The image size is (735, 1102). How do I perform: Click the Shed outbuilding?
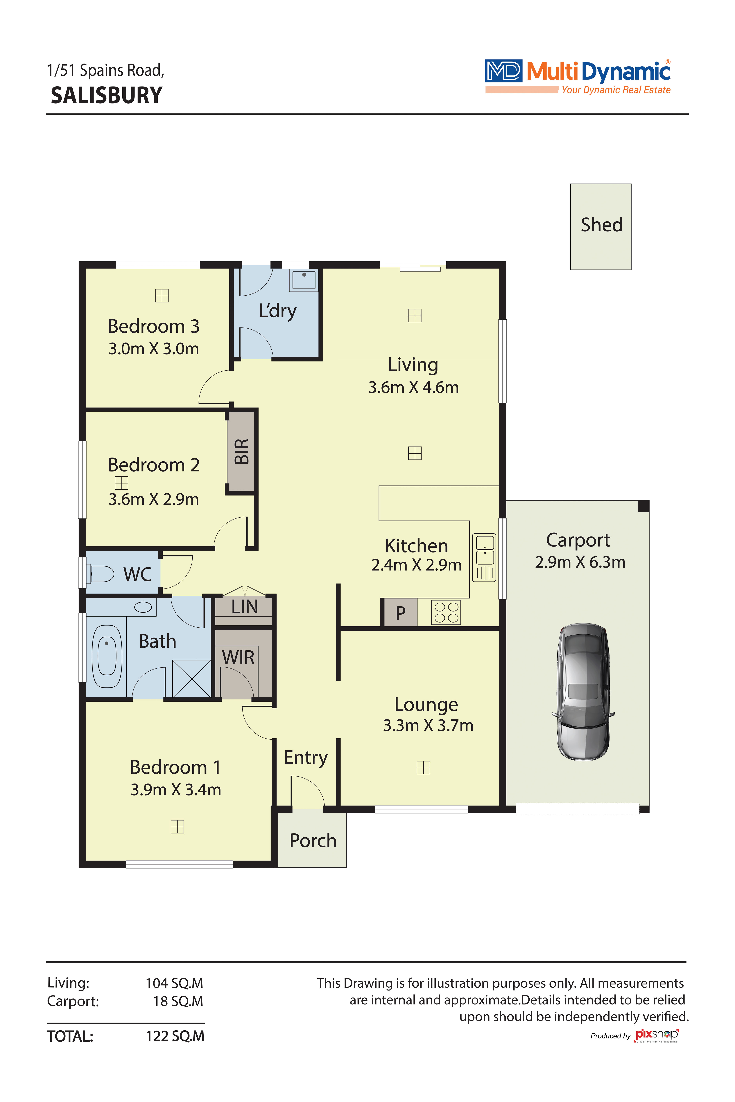pyautogui.click(x=600, y=227)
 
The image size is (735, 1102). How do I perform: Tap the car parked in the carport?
pyautogui.click(x=583, y=691)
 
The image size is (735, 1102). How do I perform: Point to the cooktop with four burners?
pyautogui.click(x=446, y=612)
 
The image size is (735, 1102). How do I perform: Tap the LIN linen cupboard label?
pyautogui.click(x=244, y=607)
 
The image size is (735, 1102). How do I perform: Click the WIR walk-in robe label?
pyautogui.click(x=238, y=657)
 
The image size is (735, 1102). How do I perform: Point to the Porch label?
pyautogui.click(x=313, y=841)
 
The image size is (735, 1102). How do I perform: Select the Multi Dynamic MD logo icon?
pyautogui.click(x=503, y=71)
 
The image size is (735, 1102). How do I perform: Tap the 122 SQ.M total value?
pyautogui.click(x=175, y=1036)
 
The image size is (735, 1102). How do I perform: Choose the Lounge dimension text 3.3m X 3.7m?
pyautogui.click(x=428, y=725)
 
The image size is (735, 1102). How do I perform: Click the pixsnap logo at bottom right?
pyautogui.click(x=656, y=1035)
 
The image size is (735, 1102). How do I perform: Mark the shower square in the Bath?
pyautogui.click(x=191, y=678)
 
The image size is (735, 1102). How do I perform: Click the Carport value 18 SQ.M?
pyautogui.click(x=178, y=1001)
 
